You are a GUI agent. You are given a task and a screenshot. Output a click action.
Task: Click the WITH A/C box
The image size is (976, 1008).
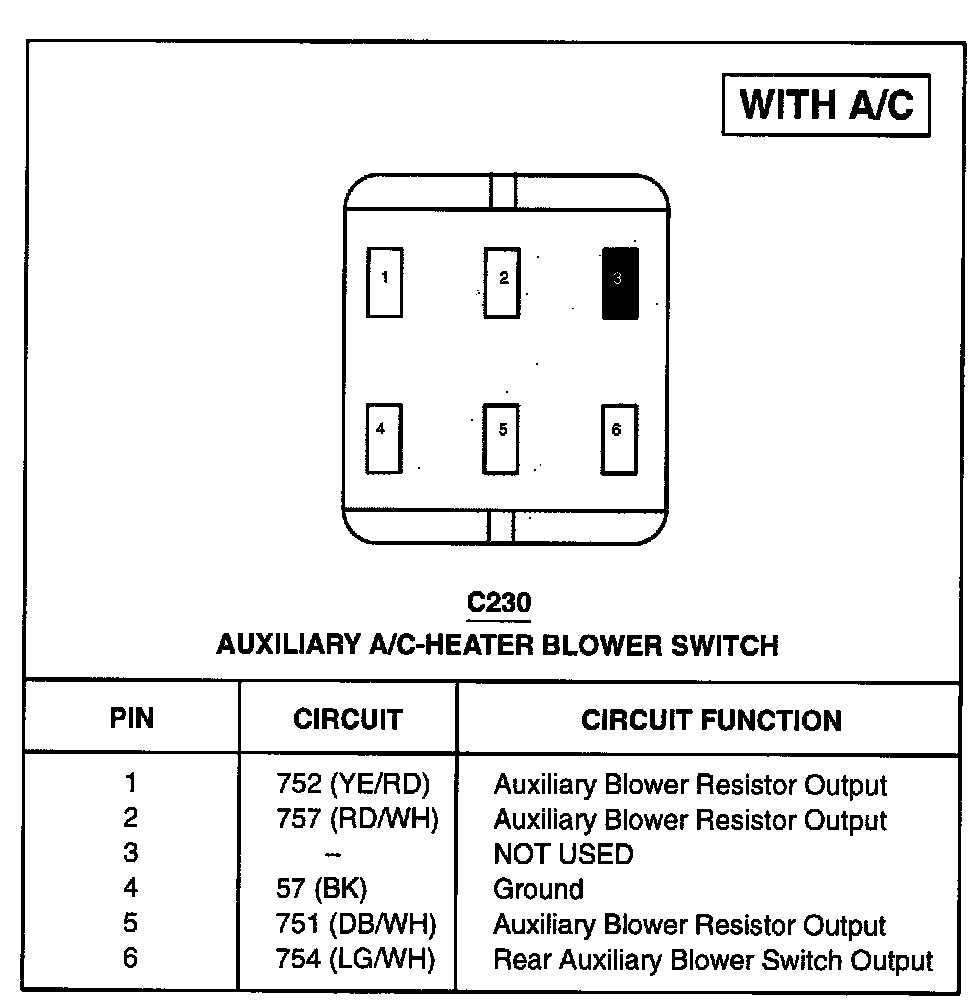(x=826, y=104)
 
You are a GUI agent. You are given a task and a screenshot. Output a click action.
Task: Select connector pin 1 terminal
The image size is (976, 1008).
(x=385, y=282)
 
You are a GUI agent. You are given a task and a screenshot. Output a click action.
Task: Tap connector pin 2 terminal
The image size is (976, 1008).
(x=502, y=282)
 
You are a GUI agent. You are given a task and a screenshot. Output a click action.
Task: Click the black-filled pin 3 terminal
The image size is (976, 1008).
(x=620, y=283)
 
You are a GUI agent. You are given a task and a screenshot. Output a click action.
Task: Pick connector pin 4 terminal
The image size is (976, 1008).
(x=384, y=438)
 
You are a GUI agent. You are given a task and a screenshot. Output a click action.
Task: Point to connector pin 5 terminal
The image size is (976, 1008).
(x=501, y=438)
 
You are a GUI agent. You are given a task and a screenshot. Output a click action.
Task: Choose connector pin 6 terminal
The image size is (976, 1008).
(x=619, y=438)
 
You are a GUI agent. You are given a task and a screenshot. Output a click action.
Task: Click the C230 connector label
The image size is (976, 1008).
(x=499, y=603)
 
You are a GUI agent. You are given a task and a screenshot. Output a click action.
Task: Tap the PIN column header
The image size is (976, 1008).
(x=132, y=719)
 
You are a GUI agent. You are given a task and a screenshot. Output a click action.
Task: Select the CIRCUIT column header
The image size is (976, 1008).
(x=347, y=719)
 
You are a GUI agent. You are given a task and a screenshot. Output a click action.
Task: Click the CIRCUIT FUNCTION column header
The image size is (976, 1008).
(x=711, y=720)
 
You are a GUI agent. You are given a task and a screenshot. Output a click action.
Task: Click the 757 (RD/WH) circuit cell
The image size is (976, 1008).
(x=357, y=820)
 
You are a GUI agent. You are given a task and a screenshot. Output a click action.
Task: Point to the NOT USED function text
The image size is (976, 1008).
(x=563, y=854)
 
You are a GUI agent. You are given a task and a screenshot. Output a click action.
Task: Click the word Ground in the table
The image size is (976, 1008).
(x=538, y=889)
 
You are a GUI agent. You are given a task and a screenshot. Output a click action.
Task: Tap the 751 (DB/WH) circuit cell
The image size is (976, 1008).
(x=356, y=925)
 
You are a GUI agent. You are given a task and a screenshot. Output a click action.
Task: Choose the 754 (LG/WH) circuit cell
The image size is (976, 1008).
(x=355, y=960)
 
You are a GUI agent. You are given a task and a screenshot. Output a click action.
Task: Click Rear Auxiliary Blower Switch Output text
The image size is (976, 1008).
(x=713, y=960)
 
